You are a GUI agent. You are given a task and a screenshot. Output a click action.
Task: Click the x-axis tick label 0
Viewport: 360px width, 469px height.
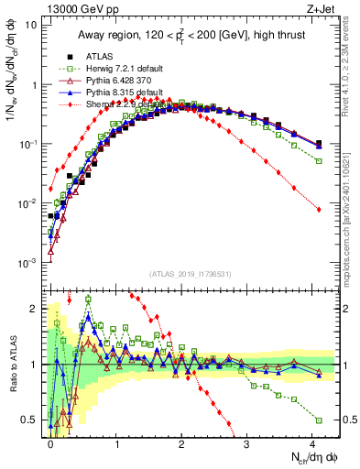(x=50, y=442)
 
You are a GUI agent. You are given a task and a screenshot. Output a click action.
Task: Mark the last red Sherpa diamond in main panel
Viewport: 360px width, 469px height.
(x=318, y=210)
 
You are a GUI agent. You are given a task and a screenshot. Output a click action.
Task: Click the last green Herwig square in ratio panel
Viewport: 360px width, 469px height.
(x=318, y=420)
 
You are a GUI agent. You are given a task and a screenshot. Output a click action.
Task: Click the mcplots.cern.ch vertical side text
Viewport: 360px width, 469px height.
(x=351, y=211)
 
